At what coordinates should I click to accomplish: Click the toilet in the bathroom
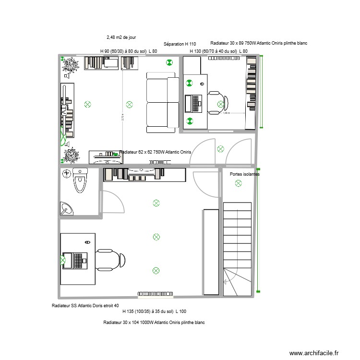80,182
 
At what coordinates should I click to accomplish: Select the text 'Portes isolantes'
245,175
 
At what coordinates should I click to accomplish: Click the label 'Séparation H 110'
180,44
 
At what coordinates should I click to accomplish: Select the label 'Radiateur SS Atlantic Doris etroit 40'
85,306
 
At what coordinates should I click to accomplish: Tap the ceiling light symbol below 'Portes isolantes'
237,185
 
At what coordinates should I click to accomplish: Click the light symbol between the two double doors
220,148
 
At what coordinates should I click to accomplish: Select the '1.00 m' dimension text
226,113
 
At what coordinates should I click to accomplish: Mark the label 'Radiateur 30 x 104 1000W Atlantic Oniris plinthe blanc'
154,323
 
